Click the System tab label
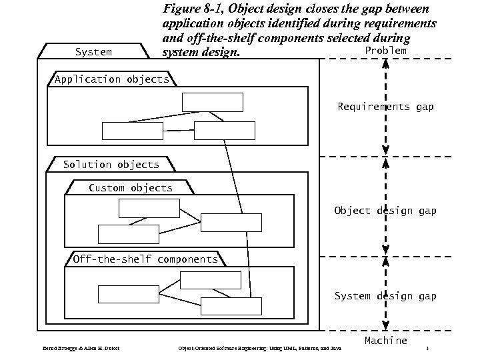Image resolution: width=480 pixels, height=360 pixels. tap(93, 51)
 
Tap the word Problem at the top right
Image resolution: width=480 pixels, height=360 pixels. tap(385, 51)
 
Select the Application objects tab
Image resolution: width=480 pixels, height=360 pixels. tap(112, 79)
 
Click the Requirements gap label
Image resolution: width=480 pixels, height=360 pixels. tap(385, 107)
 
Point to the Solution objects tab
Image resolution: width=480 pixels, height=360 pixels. tap(111, 164)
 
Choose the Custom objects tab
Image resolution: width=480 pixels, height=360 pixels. tap(131, 188)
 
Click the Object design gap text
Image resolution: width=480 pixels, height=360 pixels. tap(385, 211)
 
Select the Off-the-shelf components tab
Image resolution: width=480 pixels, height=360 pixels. tap(145, 259)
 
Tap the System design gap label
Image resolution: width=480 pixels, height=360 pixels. tap(385, 296)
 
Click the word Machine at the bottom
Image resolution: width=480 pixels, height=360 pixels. tap(385, 341)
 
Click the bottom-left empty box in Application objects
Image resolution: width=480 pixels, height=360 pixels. tap(132, 131)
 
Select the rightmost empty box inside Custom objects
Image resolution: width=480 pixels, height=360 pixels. tap(231, 222)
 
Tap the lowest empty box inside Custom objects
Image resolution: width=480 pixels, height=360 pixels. tap(129, 234)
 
